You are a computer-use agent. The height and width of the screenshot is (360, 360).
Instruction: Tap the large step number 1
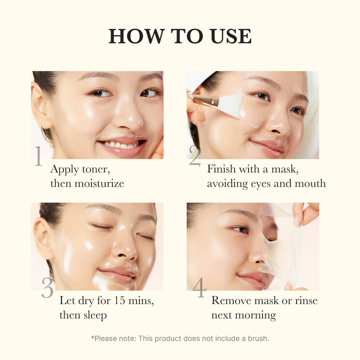tap(38, 156)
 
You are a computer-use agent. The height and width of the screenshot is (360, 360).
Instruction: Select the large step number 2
tap(194, 155)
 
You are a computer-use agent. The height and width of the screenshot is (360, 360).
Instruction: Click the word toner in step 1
tap(96, 169)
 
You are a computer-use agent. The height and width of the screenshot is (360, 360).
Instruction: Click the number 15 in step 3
tap(120, 301)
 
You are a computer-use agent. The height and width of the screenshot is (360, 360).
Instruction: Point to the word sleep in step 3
tap(95, 315)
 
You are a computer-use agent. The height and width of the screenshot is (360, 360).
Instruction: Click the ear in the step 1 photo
tap(41, 105)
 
